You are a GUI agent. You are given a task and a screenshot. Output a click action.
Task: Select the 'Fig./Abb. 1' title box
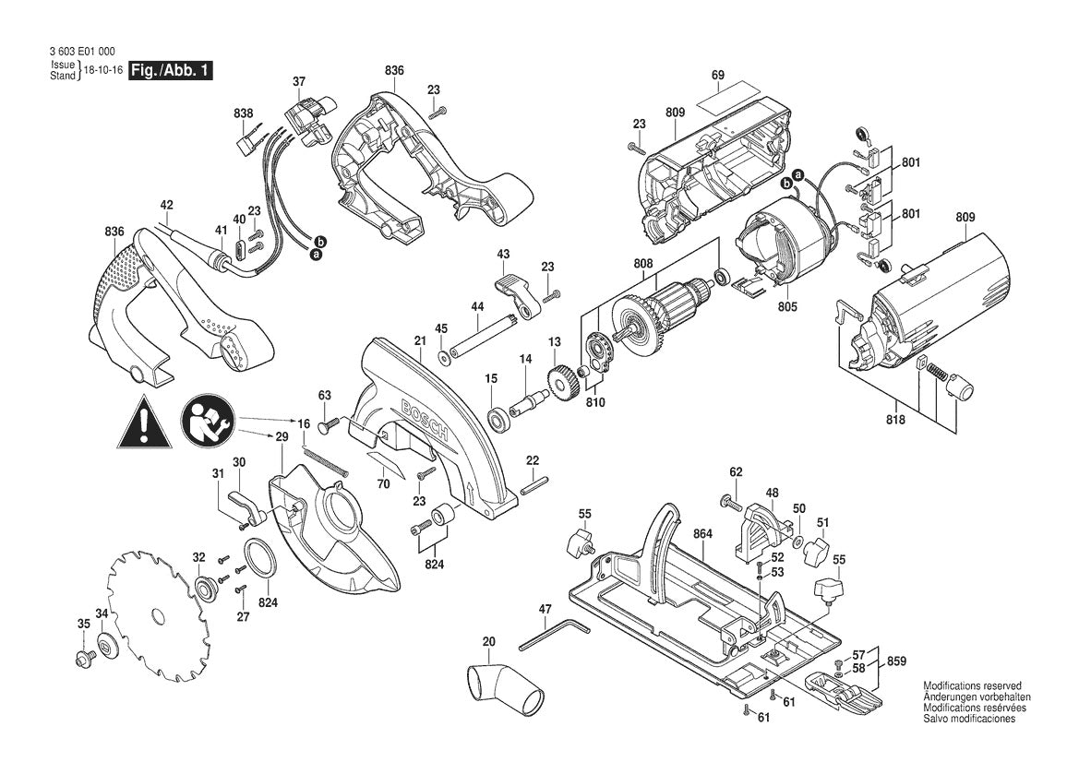[x=172, y=70]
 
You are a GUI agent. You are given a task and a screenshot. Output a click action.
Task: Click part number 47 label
[x=545, y=609]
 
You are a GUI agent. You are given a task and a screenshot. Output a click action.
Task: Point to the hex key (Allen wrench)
[x=554, y=635]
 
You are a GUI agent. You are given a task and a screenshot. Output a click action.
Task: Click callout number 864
[x=702, y=533]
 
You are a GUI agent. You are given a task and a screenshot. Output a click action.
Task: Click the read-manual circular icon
[x=209, y=423]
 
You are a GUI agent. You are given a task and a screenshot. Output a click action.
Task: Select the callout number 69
[x=718, y=75]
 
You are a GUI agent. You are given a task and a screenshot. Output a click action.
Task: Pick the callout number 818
[x=895, y=420]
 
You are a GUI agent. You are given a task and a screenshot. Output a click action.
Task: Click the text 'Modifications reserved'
[x=972, y=685]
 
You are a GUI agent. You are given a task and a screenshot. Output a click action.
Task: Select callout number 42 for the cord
[x=166, y=204]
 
